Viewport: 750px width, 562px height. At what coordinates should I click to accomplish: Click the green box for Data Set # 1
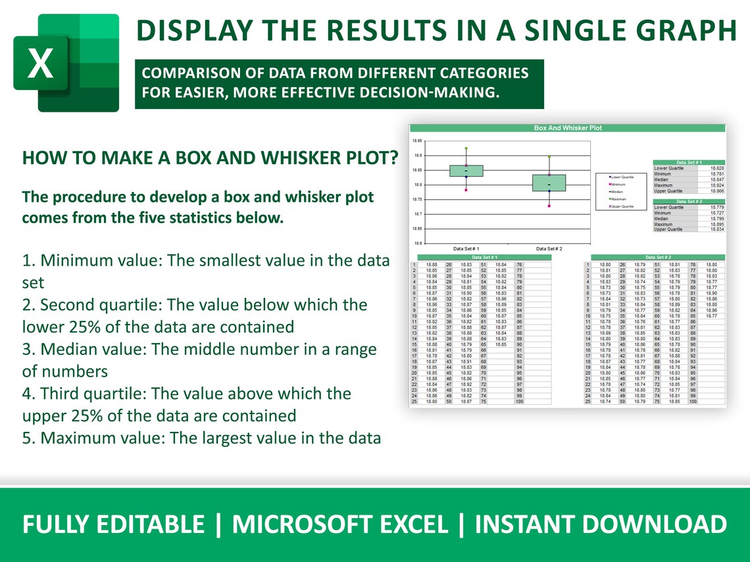466,171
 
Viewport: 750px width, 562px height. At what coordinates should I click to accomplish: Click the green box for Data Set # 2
549,183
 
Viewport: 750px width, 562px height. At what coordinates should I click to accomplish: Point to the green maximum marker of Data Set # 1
466,149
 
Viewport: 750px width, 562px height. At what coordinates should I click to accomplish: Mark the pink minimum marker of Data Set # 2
549,206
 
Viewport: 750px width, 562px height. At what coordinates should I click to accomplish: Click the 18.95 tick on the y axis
416,141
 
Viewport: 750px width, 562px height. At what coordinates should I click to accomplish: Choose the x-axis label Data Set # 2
549,248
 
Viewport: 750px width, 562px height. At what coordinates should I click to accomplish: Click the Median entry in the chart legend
619,192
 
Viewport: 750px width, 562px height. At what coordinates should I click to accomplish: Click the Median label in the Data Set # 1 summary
661,179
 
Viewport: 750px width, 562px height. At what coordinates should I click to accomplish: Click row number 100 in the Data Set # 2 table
693,401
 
